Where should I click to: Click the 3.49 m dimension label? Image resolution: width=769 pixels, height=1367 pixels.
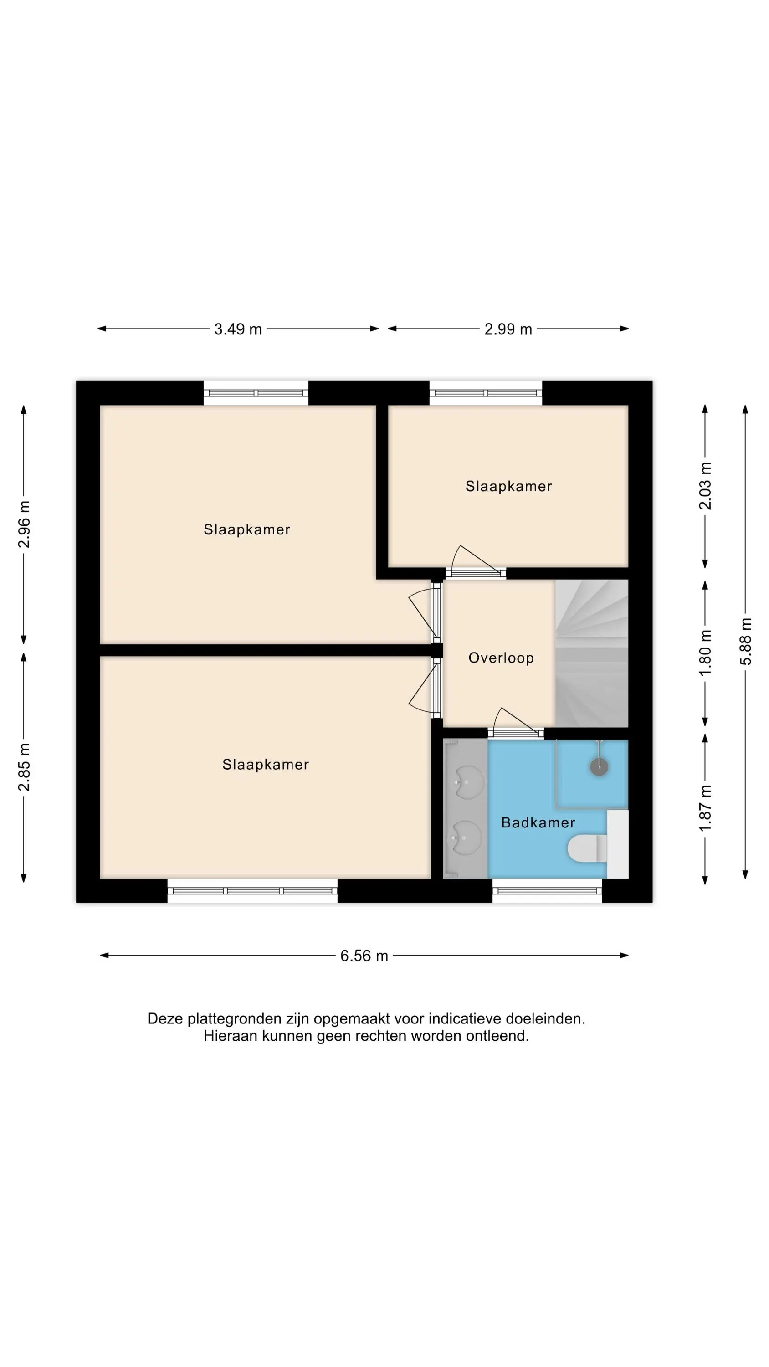[238, 329]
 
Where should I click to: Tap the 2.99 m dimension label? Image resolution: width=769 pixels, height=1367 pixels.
[508, 329]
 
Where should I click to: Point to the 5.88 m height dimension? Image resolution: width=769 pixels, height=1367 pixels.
[746, 641]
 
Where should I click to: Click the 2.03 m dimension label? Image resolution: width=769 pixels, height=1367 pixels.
[705, 486]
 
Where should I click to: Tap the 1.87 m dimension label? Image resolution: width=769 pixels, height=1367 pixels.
[705, 809]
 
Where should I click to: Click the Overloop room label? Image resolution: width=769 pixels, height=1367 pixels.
[501, 658]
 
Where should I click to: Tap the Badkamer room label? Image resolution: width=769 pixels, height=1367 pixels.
[538, 822]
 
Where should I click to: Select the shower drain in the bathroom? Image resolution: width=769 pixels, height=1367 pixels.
[599, 767]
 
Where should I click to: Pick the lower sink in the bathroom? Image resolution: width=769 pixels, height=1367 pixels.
[468, 838]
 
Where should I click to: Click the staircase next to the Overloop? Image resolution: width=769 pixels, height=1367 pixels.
[592, 653]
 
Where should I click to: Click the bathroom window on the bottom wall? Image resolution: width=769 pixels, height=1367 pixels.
[547, 891]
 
